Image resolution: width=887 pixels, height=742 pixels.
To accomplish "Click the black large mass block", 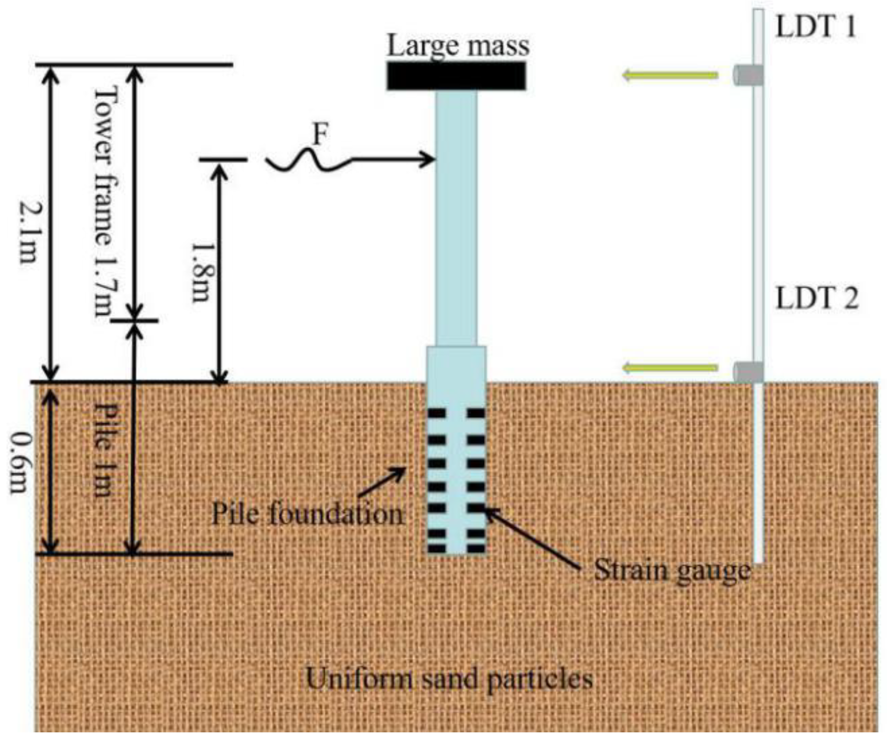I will point(456,76).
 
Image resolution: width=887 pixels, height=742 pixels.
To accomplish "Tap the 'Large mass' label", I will point(458,46).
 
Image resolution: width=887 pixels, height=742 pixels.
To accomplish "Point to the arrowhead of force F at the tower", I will point(430,159).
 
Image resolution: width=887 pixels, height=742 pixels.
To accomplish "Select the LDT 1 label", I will point(815,27).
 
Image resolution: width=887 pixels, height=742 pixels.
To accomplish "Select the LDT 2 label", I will point(817,300).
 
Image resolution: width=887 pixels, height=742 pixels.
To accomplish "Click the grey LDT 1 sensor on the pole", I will point(748,75).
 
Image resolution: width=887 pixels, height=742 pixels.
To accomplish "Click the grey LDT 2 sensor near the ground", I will point(748,372).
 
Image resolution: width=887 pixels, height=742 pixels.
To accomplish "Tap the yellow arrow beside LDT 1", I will point(670,76).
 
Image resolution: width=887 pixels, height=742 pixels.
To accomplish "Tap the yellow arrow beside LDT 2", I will point(670,368).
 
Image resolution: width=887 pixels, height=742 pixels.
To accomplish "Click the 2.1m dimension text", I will point(28,233).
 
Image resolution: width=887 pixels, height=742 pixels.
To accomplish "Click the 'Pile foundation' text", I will point(307,514).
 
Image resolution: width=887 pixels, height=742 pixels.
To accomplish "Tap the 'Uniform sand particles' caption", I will point(449,680).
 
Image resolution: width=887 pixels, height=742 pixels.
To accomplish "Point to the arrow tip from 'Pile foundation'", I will point(404,469).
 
